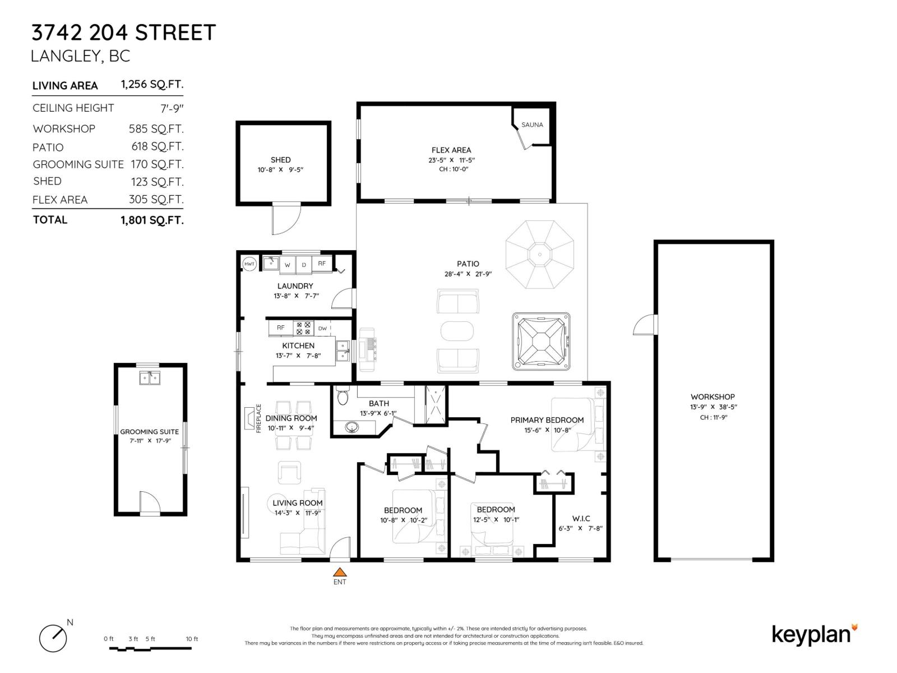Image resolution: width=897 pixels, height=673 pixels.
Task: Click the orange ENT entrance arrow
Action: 339,573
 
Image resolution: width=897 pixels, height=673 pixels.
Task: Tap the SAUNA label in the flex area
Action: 532,125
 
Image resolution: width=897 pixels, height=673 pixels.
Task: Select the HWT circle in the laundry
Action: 249,264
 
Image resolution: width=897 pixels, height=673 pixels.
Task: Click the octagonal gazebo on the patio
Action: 540,255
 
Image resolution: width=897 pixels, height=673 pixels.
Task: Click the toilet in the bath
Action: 343,397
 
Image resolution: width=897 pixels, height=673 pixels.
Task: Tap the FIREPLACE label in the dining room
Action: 258,418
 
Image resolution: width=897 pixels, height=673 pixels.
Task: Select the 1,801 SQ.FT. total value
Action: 152,220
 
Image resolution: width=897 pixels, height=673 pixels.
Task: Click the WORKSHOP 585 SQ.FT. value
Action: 156,129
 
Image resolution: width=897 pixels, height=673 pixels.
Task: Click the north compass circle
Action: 53,638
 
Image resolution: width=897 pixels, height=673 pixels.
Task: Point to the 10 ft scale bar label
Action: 192,639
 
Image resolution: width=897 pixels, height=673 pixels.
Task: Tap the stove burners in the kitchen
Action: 304,328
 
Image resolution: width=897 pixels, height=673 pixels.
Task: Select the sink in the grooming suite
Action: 150,378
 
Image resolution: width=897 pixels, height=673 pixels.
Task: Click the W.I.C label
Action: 581,518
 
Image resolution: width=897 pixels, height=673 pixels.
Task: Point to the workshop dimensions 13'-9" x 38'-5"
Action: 713,407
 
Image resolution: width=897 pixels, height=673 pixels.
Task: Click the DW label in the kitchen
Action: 322,329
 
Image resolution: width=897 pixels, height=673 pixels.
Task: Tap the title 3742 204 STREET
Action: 123,33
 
